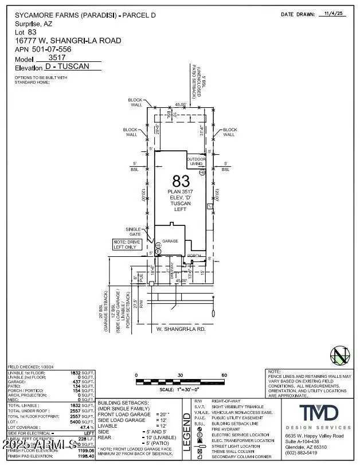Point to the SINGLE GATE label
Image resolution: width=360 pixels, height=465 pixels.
(x=133, y=232)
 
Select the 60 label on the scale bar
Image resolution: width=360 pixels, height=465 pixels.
(x=224, y=376)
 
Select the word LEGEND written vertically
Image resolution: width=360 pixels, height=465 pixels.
(x=186, y=435)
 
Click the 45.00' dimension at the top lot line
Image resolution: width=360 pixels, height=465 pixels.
(x=181, y=104)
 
